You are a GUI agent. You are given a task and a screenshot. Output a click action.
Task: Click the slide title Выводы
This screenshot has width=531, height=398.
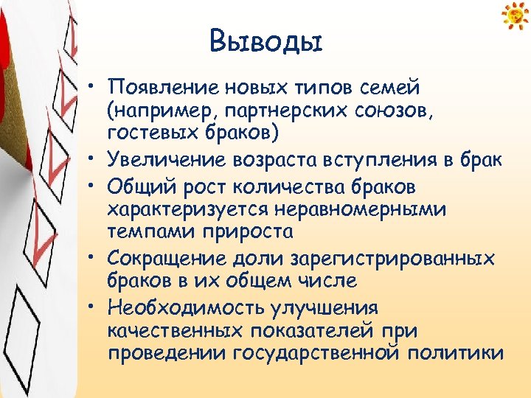pos(265,41)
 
